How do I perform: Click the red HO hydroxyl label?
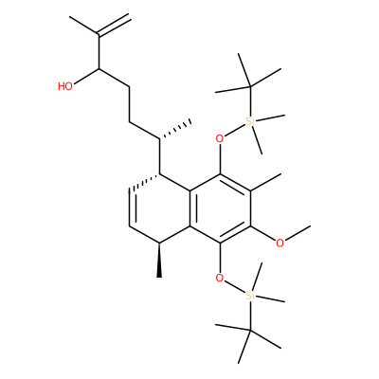tap(65, 86)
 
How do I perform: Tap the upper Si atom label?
tap(250, 121)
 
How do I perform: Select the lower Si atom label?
tap(250, 296)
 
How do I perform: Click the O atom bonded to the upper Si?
tap(220, 138)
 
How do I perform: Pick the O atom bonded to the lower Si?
tap(220, 278)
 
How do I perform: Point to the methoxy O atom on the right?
tap(280, 243)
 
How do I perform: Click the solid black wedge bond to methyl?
tap(159, 261)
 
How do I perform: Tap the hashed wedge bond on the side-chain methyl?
tap(175, 130)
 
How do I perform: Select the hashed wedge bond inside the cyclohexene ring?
tap(144, 183)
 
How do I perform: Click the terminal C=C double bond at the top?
tap(114, 25)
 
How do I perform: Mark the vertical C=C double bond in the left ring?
tap(132, 208)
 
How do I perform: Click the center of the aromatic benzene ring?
tap(220, 208)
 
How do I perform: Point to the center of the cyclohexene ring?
tap(159, 208)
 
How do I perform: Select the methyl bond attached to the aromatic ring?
tap(265, 182)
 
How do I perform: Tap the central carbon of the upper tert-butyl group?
tap(250, 86)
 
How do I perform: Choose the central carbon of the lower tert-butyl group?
tap(250, 331)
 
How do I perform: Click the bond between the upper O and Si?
tap(235, 130)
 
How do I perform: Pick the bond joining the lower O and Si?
tap(235, 287)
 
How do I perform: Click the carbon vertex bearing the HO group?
tap(99, 68)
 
